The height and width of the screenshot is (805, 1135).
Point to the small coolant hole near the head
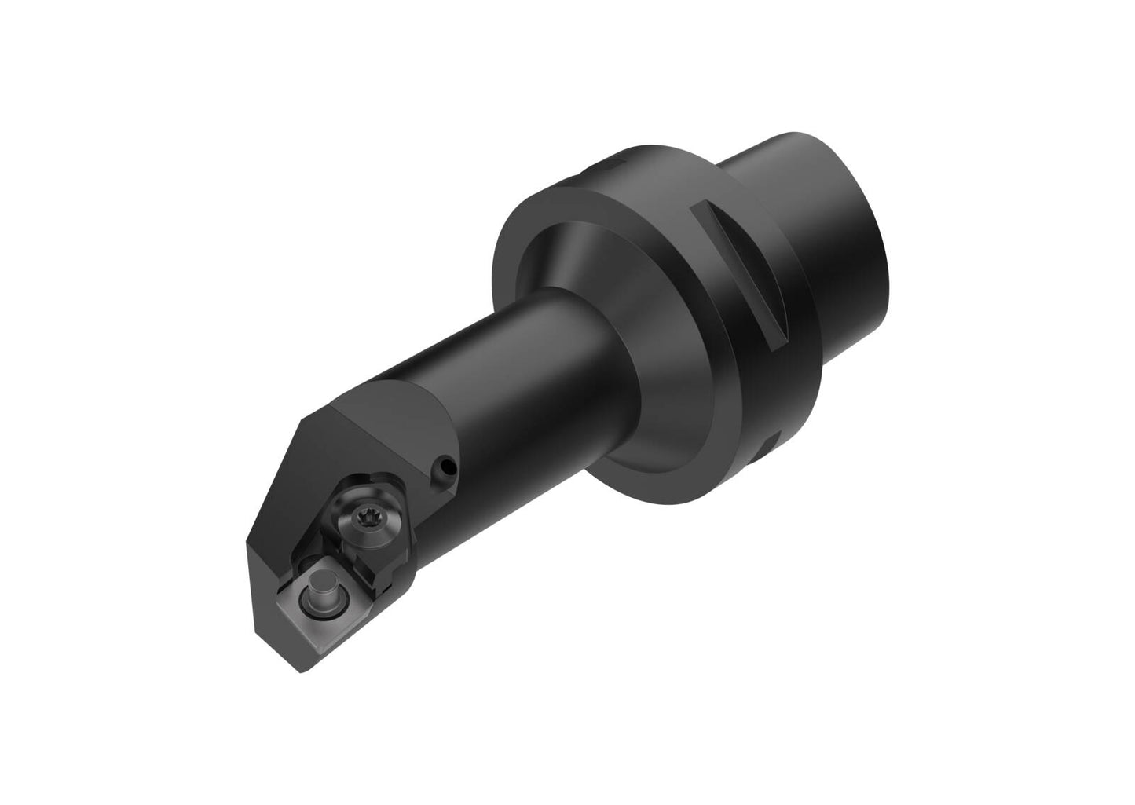(448, 469)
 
